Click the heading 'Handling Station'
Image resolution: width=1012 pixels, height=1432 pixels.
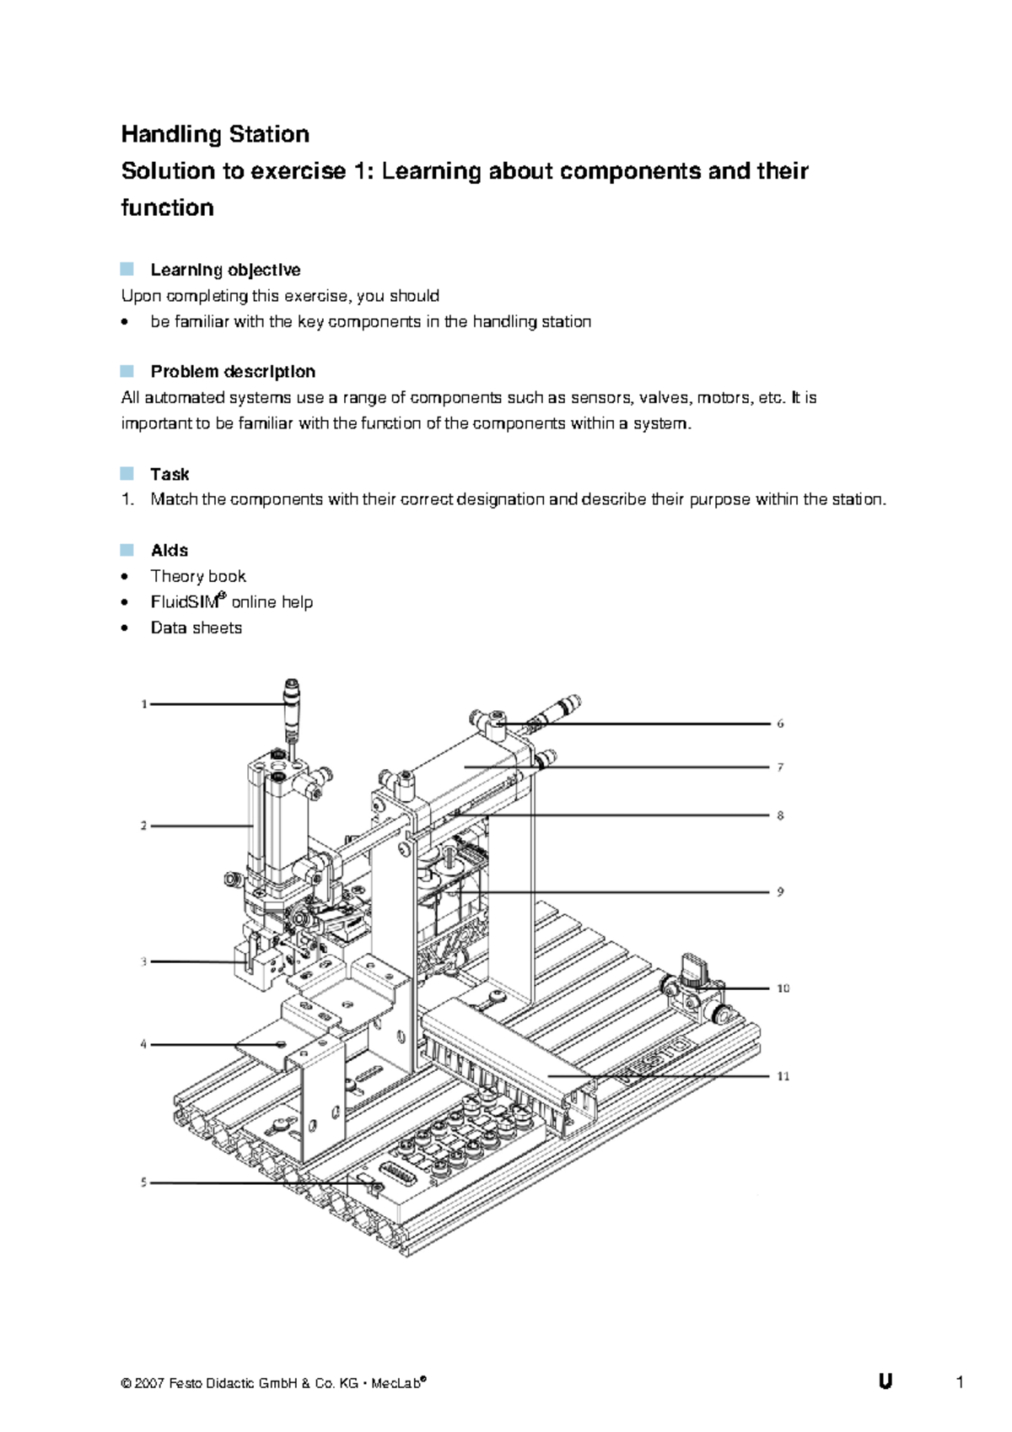tap(215, 134)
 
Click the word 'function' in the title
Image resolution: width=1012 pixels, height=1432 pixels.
tap(167, 207)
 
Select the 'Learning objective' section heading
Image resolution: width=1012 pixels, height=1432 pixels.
tap(225, 270)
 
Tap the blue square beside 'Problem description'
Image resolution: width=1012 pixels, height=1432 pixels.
tap(127, 371)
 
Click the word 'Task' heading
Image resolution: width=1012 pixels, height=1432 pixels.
tap(170, 474)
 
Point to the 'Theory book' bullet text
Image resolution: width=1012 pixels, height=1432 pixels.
tap(198, 576)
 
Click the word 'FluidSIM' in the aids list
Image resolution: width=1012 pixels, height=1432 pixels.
tap(185, 602)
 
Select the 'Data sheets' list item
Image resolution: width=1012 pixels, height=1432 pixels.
tap(196, 628)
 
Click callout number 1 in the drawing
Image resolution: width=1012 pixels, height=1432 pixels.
tap(144, 704)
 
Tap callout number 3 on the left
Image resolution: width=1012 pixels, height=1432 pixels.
tap(144, 961)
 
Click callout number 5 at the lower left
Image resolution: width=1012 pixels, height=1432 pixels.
tap(143, 1182)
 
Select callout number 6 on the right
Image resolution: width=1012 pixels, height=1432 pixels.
tap(780, 724)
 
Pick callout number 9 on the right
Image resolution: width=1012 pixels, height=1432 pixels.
tap(780, 891)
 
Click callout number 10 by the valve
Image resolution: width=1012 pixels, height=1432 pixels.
tap(783, 988)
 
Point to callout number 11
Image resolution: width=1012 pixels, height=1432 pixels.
tap(783, 1076)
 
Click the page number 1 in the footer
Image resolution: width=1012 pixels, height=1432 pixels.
tap(960, 1382)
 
